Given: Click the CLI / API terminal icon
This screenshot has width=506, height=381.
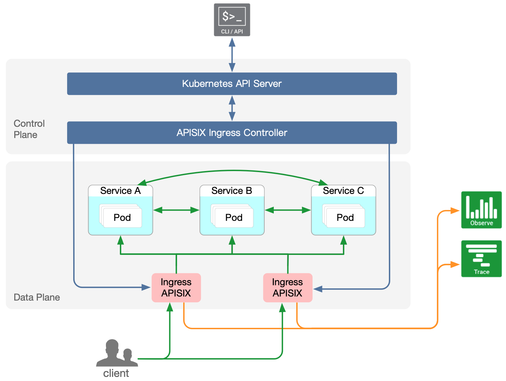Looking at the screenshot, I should point(232,19).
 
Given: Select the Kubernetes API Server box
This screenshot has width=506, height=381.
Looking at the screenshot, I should point(232,83).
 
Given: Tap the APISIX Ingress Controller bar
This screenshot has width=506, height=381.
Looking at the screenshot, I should point(232,133).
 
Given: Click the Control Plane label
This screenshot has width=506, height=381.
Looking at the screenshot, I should point(29,129).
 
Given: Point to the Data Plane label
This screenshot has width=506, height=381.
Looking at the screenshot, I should point(37,297).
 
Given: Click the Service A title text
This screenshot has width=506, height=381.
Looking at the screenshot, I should point(120,191).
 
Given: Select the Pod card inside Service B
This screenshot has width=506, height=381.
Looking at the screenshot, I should point(234,217).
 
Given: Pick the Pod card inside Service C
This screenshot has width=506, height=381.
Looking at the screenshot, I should point(345,217).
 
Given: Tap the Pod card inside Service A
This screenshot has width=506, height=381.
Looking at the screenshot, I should point(122,217).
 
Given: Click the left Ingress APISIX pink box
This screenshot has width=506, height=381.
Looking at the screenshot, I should point(176,288).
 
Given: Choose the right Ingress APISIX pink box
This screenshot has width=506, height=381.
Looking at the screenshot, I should point(287,288).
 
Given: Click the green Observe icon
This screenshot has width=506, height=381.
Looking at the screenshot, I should point(481,210).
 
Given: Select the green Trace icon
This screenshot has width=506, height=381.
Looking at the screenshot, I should point(481,259).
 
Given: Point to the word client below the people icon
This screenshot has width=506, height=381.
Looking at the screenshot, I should point(116,374).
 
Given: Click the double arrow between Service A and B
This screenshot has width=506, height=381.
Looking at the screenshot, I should point(176,210).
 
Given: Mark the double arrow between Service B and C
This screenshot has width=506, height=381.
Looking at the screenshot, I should point(288,210).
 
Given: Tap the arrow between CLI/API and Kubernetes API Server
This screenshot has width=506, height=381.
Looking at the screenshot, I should point(232,55).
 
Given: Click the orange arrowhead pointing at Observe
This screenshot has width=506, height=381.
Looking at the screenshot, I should point(455,211).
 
